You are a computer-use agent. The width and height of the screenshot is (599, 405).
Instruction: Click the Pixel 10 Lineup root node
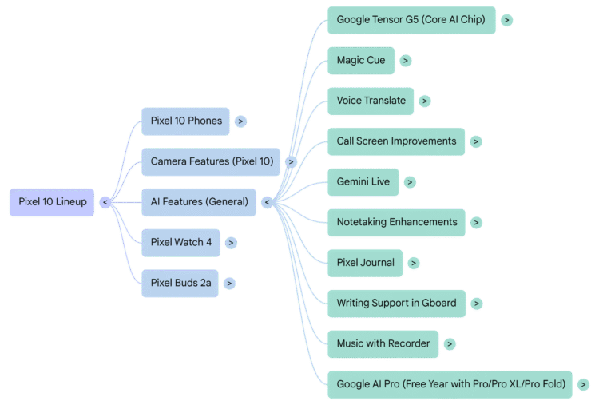[53, 202]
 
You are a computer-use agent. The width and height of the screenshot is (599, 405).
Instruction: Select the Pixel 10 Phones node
[186, 121]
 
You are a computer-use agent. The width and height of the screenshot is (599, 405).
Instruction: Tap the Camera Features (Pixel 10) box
[212, 161]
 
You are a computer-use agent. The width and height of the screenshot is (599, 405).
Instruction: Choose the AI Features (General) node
[199, 202]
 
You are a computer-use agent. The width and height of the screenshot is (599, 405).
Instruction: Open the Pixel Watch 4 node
[181, 242]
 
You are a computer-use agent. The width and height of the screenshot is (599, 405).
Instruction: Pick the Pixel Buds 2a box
[180, 283]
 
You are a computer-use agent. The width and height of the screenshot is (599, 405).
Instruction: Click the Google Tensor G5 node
[411, 20]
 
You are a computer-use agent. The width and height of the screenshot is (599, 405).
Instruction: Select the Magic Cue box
[361, 61]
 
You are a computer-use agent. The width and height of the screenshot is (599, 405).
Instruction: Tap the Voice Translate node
[371, 101]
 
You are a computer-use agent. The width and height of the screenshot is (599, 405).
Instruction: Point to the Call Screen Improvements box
[396, 141]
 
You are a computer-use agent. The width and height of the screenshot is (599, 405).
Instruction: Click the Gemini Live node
[363, 182]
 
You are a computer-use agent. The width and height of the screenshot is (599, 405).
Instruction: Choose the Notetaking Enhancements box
[397, 222]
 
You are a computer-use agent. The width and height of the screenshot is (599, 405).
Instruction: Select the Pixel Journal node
[366, 263]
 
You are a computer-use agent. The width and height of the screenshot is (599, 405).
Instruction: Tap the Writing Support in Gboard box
[396, 304]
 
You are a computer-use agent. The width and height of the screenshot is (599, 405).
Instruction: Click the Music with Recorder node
[383, 343]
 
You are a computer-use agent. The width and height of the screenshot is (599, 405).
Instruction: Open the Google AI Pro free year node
[450, 384]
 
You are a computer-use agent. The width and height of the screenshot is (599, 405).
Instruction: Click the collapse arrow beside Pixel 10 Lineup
[105, 203]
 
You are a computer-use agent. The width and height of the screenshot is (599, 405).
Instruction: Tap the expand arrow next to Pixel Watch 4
[231, 243]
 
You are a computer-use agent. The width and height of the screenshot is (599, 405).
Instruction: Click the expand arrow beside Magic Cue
[406, 61]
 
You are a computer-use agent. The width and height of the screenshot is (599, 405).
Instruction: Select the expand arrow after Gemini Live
[409, 182]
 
